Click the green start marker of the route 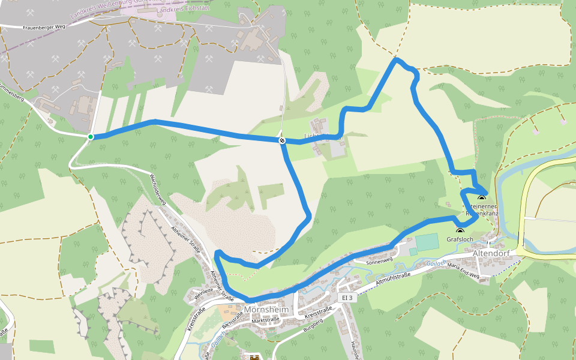tap(91, 137)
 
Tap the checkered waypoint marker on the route tap(281, 140)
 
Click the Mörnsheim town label tap(267, 310)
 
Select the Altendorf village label tap(491, 254)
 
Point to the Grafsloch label tap(460, 239)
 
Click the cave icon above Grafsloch tap(460, 231)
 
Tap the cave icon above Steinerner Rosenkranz tap(481, 198)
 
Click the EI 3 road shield tap(346, 298)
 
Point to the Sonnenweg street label tap(379, 261)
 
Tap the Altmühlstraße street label tap(392, 277)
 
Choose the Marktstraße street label tap(266, 320)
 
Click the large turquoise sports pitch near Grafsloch tap(427, 242)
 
